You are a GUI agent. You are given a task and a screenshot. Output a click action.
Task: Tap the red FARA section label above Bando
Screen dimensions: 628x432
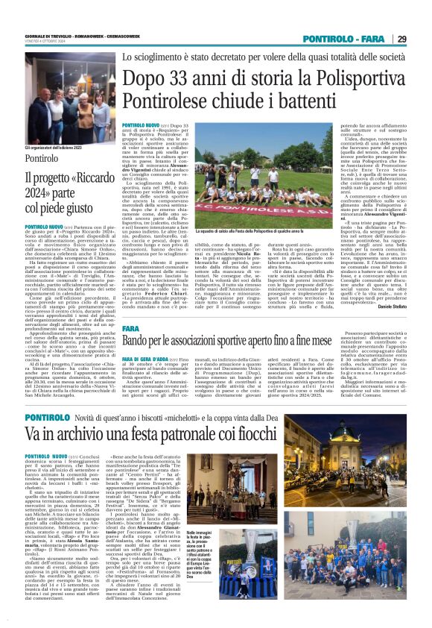click(131, 327)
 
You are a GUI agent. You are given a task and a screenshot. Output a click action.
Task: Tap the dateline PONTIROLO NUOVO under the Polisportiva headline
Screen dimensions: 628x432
click(140, 126)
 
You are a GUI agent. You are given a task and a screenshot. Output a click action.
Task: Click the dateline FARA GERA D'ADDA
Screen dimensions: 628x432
click(147, 359)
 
